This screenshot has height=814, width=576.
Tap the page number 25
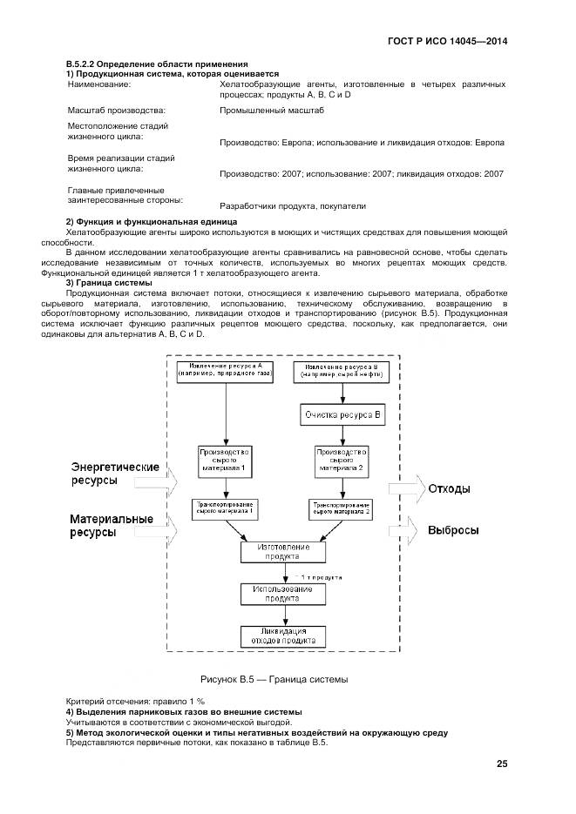click(501, 764)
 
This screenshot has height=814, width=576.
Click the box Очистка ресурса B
click(342, 414)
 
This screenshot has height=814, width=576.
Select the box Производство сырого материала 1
click(225, 461)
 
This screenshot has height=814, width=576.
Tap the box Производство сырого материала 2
click(342, 461)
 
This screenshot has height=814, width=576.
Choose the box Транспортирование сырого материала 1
click(225, 508)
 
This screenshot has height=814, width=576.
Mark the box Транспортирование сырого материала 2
click(342, 508)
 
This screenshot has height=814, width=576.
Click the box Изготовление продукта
click(283, 553)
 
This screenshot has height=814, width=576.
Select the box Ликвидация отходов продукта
click(283, 636)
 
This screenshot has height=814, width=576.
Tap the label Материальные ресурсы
click(112, 526)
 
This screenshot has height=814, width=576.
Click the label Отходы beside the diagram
click(449, 488)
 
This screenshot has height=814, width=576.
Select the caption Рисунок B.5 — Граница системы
click(274, 678)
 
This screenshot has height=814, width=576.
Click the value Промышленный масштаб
click(272, 111)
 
